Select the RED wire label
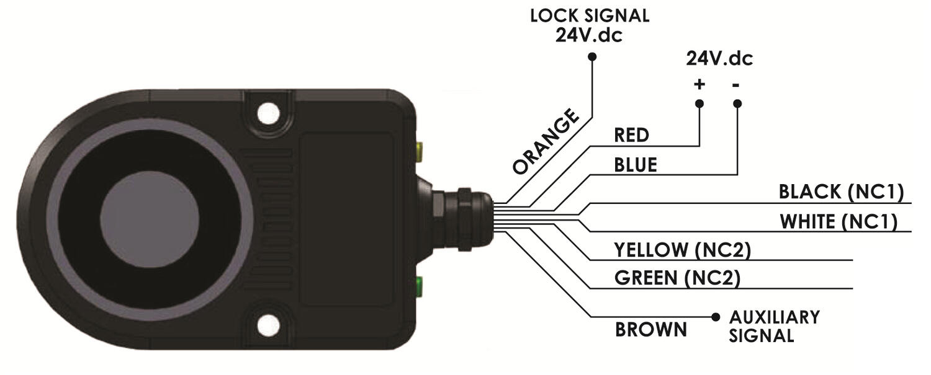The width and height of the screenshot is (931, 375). click(x=631, y=135)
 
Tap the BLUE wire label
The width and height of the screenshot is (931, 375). click(x=635, y=165)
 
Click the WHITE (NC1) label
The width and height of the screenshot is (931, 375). click(x=838, y=221)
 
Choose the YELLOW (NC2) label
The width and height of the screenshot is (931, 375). click(x=682, y=250)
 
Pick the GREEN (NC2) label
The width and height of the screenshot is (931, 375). click(x=677, y=279)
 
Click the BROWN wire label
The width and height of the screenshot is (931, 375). click(x=651, y=329)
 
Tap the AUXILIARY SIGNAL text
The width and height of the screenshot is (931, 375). click(x=774, y=326)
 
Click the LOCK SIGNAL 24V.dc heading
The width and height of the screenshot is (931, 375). click(x=589, y=25)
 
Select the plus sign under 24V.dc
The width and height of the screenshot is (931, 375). click(x=699, y=85)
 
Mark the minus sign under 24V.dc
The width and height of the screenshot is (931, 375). click(x=736, y=85)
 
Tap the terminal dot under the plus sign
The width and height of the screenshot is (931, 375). click(x=699, y=104)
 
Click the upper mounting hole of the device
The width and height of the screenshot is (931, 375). click(x=268, y=112)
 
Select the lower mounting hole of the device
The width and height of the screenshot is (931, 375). click(x=268, y=322)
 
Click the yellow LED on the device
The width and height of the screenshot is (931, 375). click(x=420, y=149)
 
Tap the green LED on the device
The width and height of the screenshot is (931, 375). click(x=420, y=286)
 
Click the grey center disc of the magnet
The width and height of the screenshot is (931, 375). click(x=150, y=217)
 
